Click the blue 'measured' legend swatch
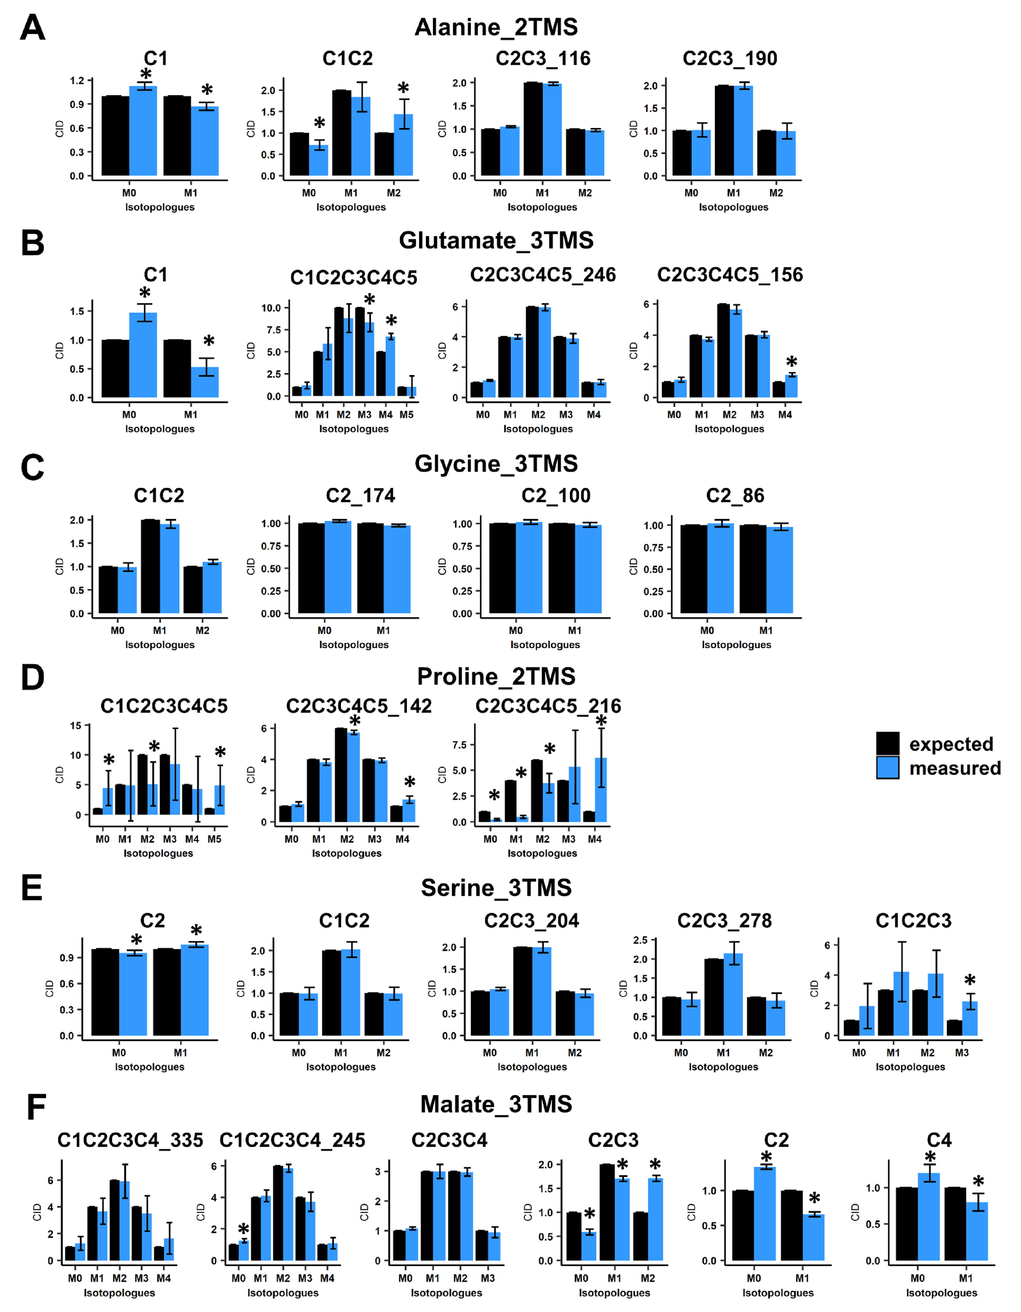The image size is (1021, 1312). pyautogui.click(x=888, y=768)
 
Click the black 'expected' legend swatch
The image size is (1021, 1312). pyautogui.click(x=888, y=743)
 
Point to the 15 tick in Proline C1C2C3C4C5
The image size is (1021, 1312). pyautogui.click(x=76, y=726)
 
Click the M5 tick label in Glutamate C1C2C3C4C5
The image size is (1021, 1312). pyautogui.click(x=407, y=415)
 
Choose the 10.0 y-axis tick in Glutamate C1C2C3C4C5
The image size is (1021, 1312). pyautogui.click(x=271, y=308)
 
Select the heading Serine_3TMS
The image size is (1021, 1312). pyautogui.click(x=496, y=888)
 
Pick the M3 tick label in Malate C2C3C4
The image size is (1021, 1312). pyautogui.click(x=488, y=1278)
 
